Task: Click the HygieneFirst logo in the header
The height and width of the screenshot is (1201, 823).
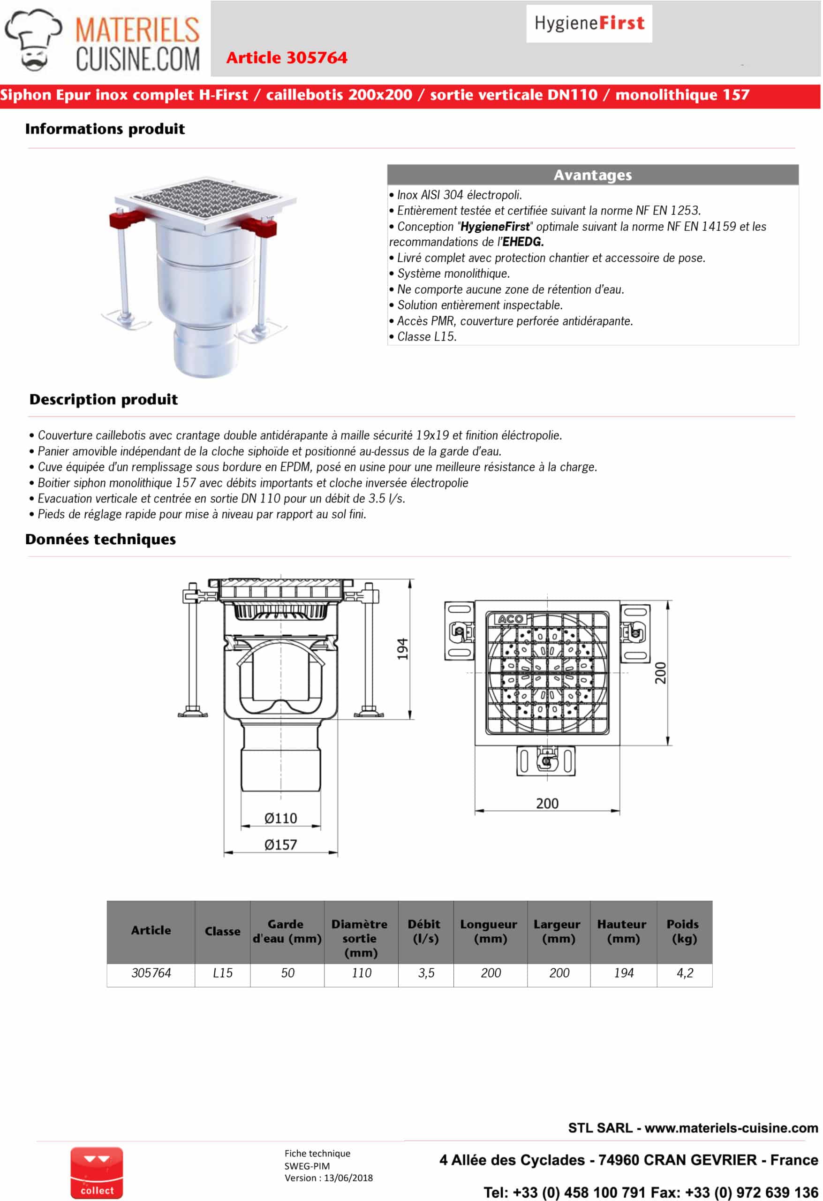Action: click(589, 23)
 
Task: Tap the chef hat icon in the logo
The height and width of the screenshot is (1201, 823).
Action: click(34, 39)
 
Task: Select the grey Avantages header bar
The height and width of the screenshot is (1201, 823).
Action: click(593, 175)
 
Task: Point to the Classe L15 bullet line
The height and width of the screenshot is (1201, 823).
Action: click(426, 336)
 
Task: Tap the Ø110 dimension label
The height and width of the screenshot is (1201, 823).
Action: click(280, 818)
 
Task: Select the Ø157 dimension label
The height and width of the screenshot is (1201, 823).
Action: click(280, 844)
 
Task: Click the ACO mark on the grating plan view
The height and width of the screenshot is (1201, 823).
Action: click(509, 619)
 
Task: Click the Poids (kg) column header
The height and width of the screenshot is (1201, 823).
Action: click(684, 931)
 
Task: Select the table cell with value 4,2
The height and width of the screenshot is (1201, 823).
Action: click(685, 973)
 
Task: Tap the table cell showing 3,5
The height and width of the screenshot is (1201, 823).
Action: click(426, 973)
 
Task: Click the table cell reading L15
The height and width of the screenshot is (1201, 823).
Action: click(223, 973)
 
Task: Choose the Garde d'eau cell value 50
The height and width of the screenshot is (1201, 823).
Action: click(287, 973)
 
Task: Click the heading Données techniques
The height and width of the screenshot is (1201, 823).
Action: click(101, 540)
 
